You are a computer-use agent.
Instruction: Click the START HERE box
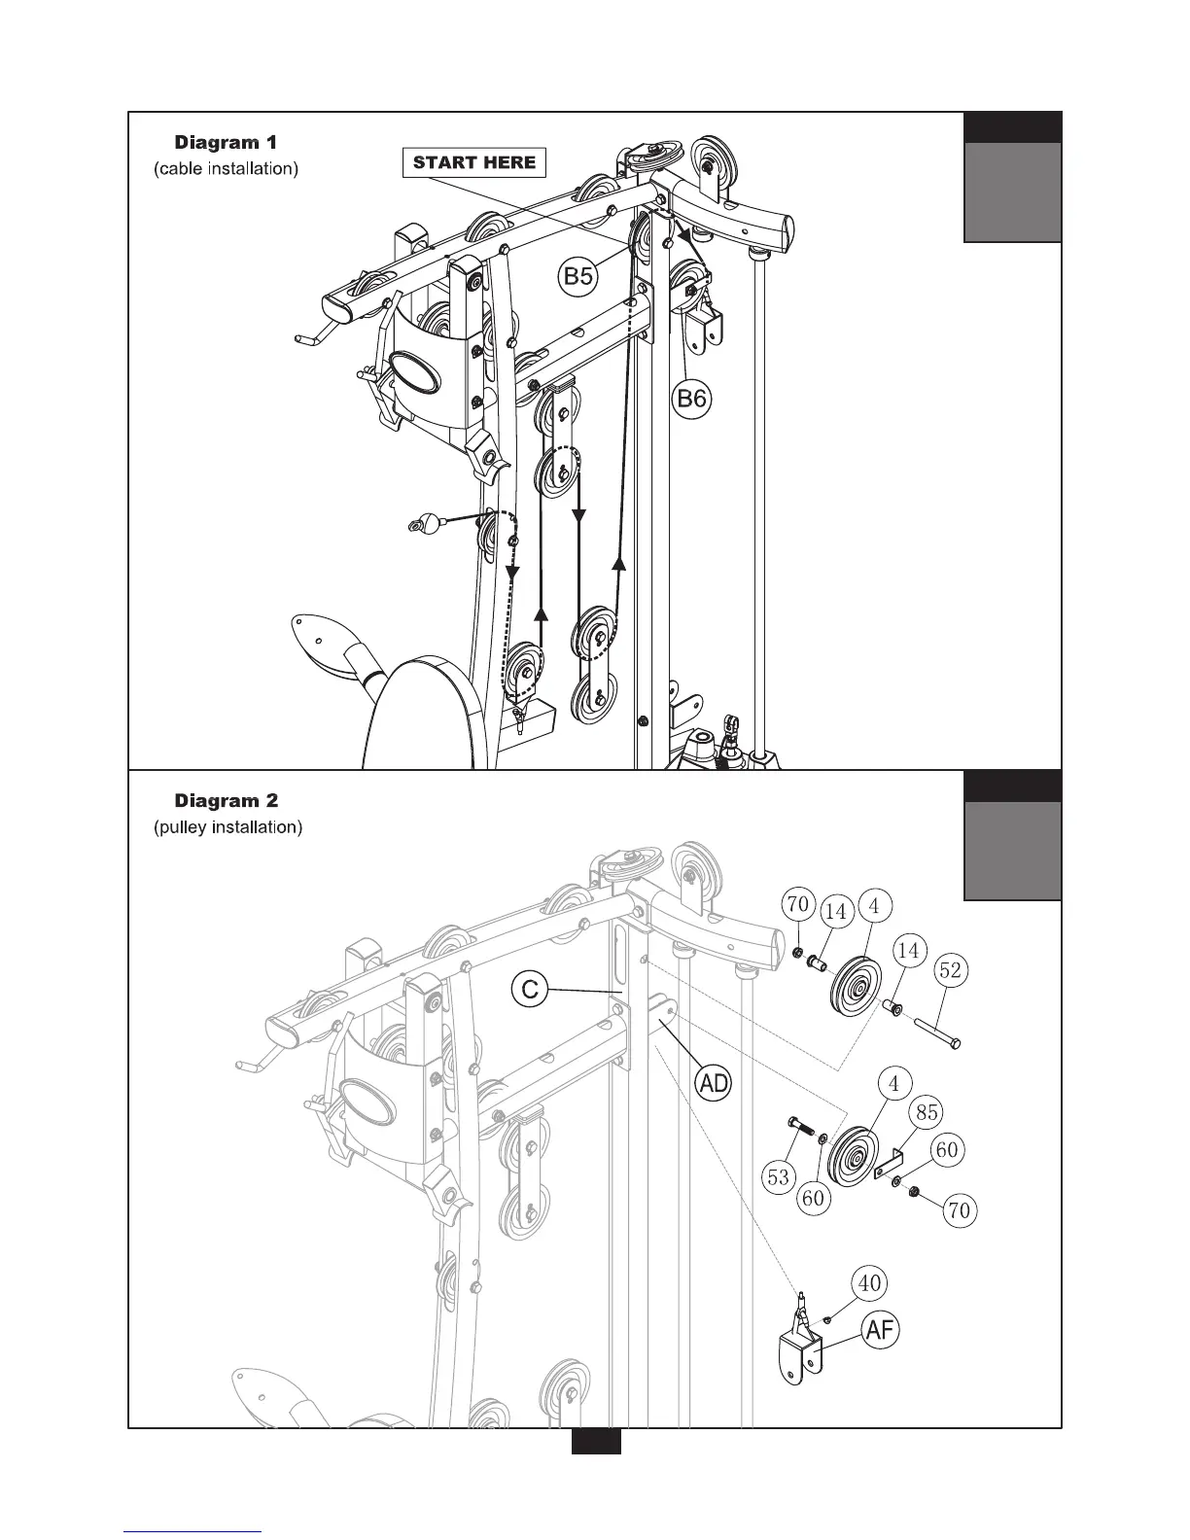coord(474,162)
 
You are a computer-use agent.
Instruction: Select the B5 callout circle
coord(579,276)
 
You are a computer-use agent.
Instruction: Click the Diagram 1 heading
coord(226,142)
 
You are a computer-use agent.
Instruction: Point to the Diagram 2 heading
coord(227,801)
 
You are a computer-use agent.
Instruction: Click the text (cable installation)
coord(226,169)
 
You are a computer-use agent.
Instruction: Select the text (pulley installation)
coord(227,828)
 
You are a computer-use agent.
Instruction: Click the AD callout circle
coord(715,1083)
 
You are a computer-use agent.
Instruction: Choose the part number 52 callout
coord(951,970)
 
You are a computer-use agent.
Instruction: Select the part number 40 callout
coord(870,1282)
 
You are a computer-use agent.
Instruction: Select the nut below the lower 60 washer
coord(915,1193)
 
